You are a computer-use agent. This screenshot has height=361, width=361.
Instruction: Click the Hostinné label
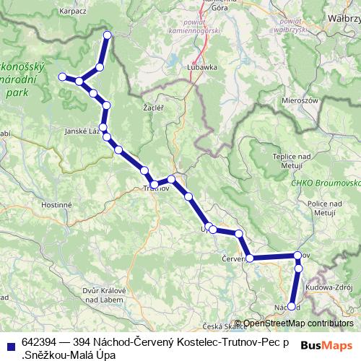[56, 205]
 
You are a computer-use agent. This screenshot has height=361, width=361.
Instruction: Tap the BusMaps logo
[326, 345]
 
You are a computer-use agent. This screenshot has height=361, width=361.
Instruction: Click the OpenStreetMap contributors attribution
[297, 323]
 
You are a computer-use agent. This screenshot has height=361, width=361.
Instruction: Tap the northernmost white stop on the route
[108, 35]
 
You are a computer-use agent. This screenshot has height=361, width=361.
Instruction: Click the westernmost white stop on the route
[62, 77]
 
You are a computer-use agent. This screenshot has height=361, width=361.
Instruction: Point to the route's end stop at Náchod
[292, 307]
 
